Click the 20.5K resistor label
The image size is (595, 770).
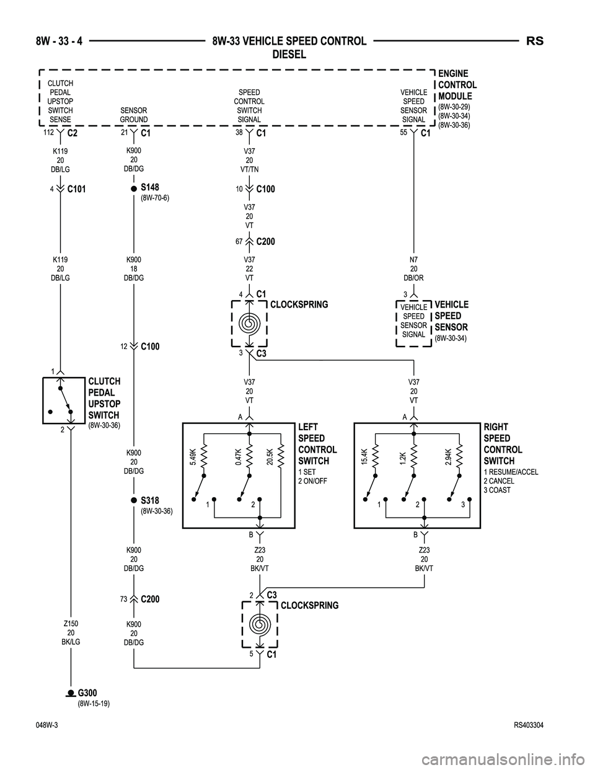[x=270, y=456]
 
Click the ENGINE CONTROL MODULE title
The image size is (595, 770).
[x=457, y=85]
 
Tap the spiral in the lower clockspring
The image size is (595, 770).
[x=257, y=624]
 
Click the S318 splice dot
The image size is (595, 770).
[x=133, y=500]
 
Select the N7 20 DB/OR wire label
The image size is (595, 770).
[x=413, y=270]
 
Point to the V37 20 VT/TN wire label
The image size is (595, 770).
[x=249, y=160]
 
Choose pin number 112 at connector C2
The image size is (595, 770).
[x=48, y=132]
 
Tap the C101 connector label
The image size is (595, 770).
[x=76, y=189]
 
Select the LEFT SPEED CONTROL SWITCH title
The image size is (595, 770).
[x=317, y=444]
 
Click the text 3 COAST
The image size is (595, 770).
[x=497, y=490]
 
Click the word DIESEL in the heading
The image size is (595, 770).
[x=289, y=55]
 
